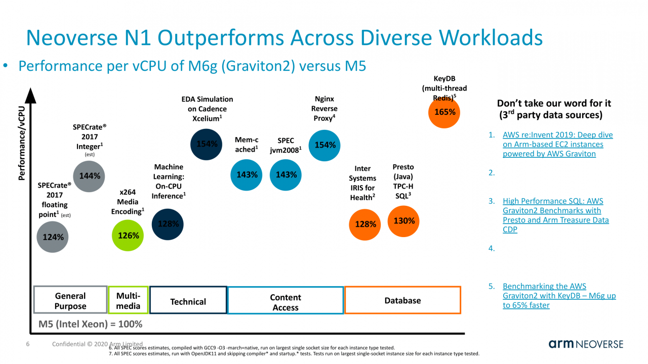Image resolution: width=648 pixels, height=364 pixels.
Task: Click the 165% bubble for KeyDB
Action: click(x=445, y=112)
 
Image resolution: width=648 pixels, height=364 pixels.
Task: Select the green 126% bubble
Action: click(x=128, y=235)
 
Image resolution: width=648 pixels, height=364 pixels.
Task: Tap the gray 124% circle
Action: click(x=53, y=236)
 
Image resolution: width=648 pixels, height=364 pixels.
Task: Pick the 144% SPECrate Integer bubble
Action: click(x=90, y=176)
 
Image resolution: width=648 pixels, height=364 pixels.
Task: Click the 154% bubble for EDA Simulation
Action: click(x=207, y=144)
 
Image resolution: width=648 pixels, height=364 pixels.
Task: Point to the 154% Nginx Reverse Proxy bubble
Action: click(x=325, y=145)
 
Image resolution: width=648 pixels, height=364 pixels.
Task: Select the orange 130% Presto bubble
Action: click(x=404, y=221)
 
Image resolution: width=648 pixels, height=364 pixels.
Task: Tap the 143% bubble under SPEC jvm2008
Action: click(x=286, y=174)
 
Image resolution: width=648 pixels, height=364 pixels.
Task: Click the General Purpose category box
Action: click(x=70, y=300)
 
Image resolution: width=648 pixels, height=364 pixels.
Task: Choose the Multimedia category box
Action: click(x=128, y=300)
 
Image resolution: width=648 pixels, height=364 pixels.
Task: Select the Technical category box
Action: click(x=188, y=301)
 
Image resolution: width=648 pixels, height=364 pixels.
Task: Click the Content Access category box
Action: click(x=286, y=301)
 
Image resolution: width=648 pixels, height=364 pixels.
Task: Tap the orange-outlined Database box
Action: click(x=402, y=300)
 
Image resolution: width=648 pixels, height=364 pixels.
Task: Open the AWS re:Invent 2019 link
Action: click(x=557, y=144)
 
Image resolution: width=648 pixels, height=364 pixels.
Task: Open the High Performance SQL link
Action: click(x=555, y=215)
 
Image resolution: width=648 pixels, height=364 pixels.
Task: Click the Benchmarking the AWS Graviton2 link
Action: click(x=559, y=296)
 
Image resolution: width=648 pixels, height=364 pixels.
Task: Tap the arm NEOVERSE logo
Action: click(x=586, y=344)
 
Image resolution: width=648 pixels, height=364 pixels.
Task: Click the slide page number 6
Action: click(x=28, y=344)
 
